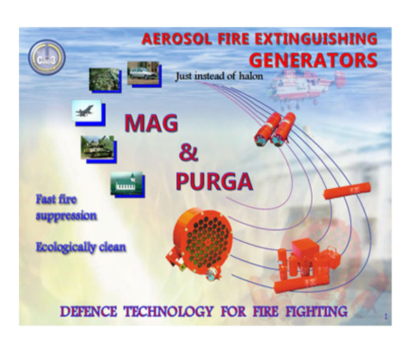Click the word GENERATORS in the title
313,61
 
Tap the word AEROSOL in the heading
177,39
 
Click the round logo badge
47,57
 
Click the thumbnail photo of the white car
143,73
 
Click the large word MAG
151,123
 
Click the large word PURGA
214,182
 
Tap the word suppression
66,216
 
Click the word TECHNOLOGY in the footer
169,312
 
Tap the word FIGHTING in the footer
316,312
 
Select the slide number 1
386,317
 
